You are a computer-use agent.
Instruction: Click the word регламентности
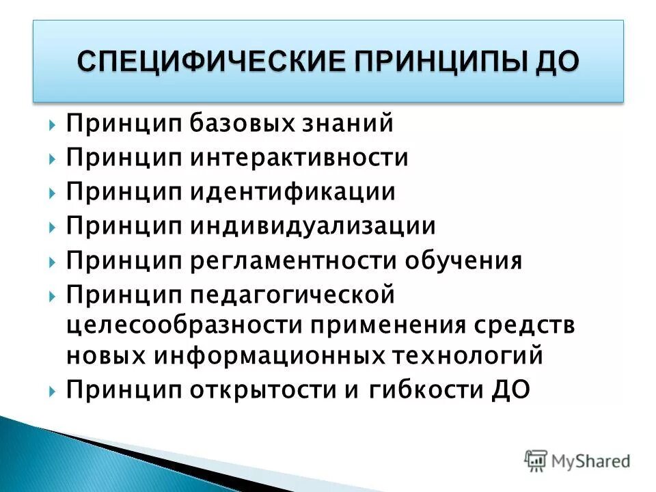pos(294,261)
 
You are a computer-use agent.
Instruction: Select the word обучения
pos(464,260)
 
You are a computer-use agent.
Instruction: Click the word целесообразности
pos(184,325)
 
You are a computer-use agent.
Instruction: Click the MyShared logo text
pos(587,461)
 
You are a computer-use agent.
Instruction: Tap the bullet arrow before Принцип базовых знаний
pos(53,124)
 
